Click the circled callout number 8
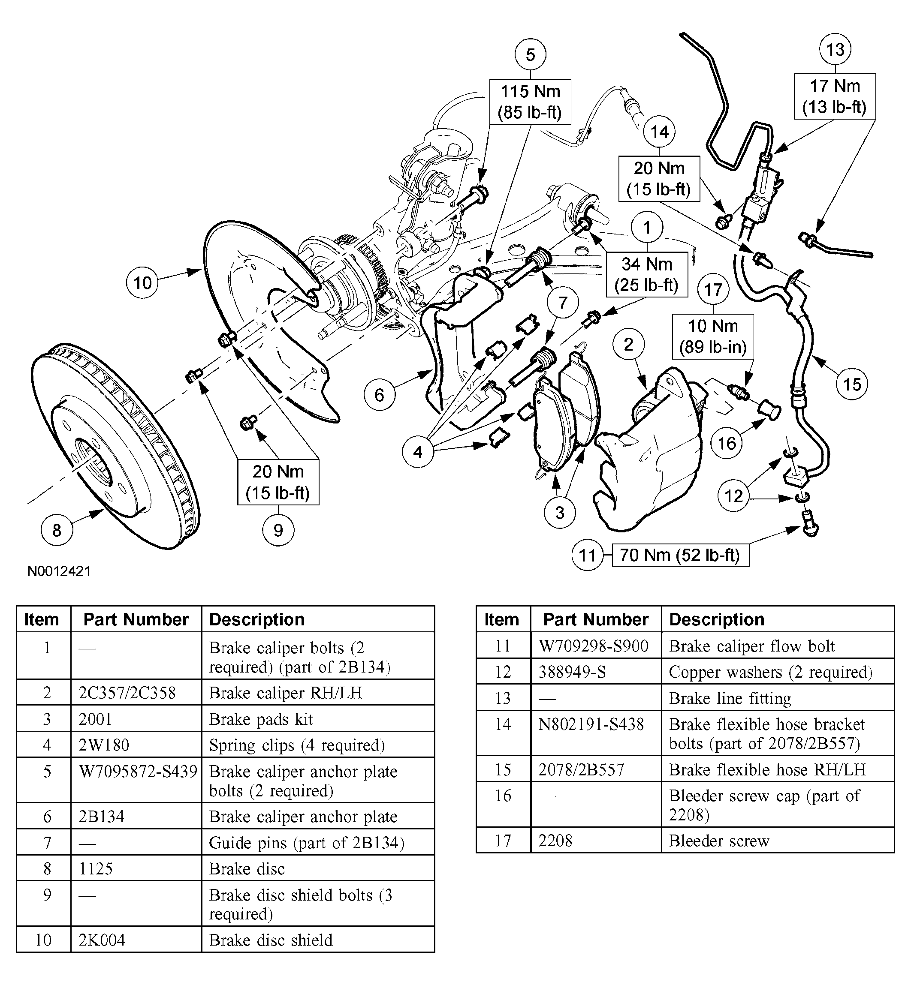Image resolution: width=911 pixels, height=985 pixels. coord(57,530)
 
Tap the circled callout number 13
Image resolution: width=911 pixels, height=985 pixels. coord(835,50)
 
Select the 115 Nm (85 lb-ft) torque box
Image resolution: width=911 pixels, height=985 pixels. coord(530,102)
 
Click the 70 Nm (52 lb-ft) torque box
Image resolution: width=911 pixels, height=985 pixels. coord(680,556)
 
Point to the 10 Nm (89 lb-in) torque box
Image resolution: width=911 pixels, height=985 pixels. coord(713,336)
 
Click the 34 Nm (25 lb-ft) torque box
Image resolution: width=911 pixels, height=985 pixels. coord(646,274)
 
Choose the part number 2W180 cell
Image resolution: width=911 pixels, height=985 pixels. coord(136,745)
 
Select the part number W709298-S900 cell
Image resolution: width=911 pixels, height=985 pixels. coord(595,646)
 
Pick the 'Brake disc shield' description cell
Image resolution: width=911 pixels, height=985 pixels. coord(317,940)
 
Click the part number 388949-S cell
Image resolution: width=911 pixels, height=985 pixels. coord(595,672)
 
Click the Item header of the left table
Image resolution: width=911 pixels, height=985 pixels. coord(43,619)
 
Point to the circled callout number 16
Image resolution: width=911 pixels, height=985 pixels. coord(727,444)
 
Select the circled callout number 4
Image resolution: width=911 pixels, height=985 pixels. coord(418,451)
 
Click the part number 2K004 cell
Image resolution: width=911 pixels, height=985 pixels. coord(136,940)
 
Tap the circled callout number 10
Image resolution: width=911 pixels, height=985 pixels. coord(142,283)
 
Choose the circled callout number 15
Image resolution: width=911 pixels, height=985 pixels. coord(852,384)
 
